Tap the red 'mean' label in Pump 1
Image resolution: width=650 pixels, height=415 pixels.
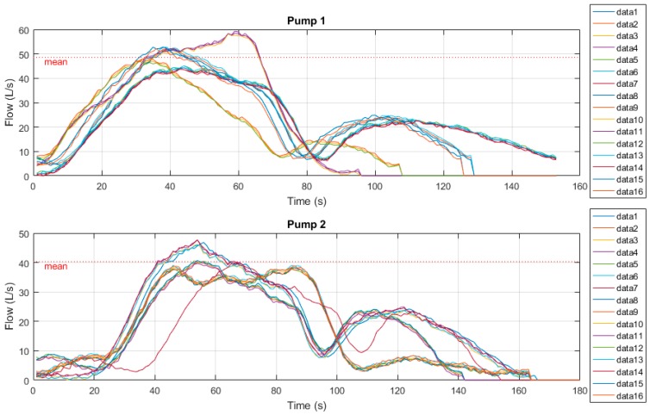pyautogui.click(x=55, y=62)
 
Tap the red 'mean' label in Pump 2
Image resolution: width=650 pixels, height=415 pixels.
pyautogui.click(x=55, y=267)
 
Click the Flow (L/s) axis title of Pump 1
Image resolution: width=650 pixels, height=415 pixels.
pyautogui.click(x=10, y=103)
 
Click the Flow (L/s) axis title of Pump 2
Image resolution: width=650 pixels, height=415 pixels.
pyautogui.click(x=10, y=307)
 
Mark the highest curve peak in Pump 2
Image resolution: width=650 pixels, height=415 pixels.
pyautogui.click(x=197, y=240)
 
